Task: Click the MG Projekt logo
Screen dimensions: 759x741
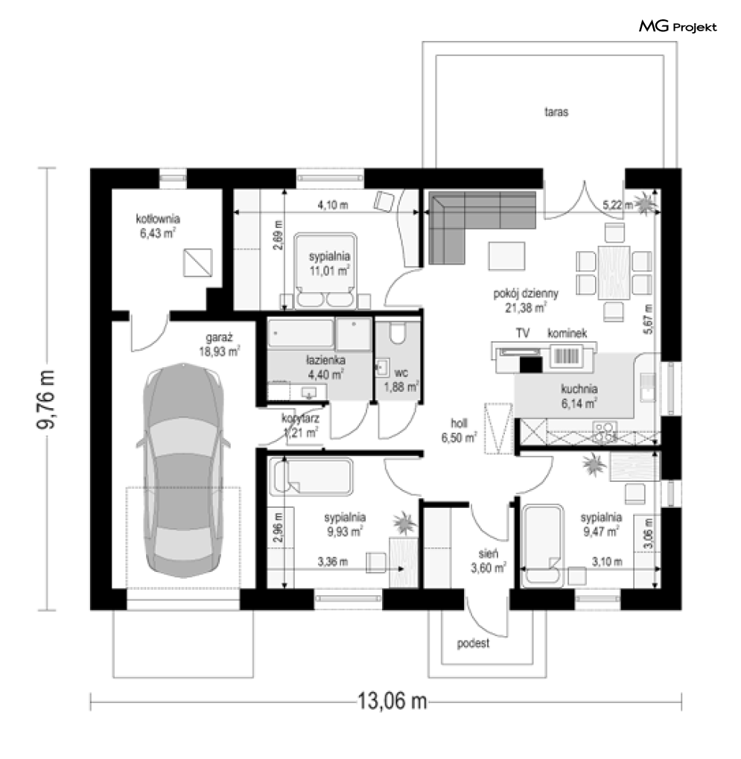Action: [x=678, y=28]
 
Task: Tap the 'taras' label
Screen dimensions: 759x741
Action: [x=556, y=113]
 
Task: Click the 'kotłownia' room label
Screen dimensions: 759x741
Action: [x=158, y=219]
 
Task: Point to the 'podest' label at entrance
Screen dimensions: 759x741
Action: [x=474, y=644]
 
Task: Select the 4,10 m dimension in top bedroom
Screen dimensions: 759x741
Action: [x=333, y=206]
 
